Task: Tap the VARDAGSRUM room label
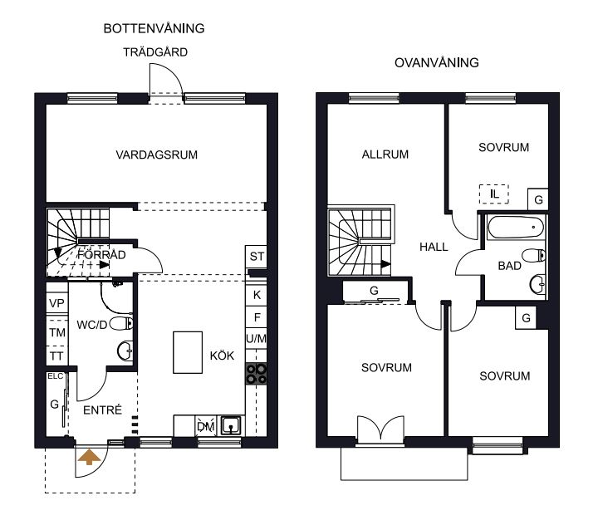click(x=157, y=155)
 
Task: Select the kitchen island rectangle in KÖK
click(x=188, y=352)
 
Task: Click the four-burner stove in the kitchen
click(x=257, y=374)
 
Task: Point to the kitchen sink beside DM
click(x=232, y=425)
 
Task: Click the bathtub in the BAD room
click(x=515, y=228)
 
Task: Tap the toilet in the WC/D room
click(x=121, y=324)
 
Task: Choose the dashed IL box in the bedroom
click(x=494, y=194)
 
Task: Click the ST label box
click(x=256, y=257)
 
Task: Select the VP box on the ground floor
click(x=56, y=303)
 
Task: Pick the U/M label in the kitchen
click(x=257, y=338)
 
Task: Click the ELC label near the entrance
click(x=56, y=376)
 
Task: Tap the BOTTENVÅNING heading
click(x=154, y=28)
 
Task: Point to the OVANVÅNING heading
click(x=437, y=63)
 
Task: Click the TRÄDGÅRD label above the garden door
click(x=155, y=52)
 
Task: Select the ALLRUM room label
click(x=385, y=155)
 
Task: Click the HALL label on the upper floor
click(x=434, y=248)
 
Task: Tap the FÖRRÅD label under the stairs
click(x=101, y=255)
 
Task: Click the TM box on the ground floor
click(x=56, y=332)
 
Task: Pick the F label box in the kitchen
click(x=257, y=317)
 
